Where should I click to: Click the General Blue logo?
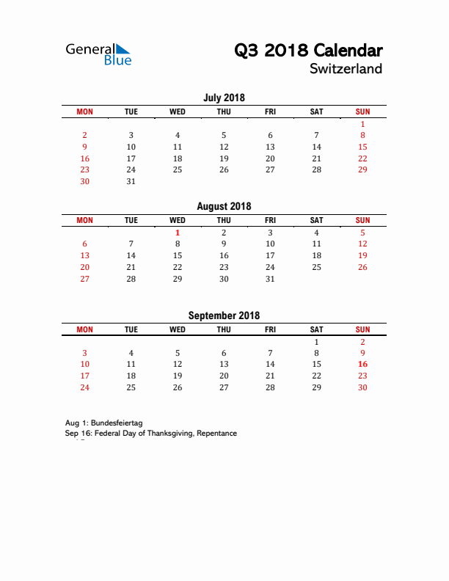click(98, 54)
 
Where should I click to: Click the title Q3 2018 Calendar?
click(308, 51)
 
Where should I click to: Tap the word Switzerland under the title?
click(346, 69)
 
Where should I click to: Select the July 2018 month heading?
click(224, 98)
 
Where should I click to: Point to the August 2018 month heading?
click(224, 206)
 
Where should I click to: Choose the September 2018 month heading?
click(224, 315)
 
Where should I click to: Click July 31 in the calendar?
click(131, 181)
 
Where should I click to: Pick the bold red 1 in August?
click(178, 233)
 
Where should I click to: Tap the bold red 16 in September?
click(362, 364)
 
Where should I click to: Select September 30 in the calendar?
click(362, 387)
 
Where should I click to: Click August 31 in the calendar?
click(270, 279)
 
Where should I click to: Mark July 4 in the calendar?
click(178, 135)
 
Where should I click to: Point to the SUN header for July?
click(362, 112)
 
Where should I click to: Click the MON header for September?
click(85, 329)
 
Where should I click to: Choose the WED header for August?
click(178, 220)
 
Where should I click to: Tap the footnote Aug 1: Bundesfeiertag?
click(103, 423)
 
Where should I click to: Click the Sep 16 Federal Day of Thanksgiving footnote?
click(151, 434)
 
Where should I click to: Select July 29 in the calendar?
click(362, 169)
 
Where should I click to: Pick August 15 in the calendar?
click(178, 255)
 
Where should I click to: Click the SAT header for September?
click(316, 329)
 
